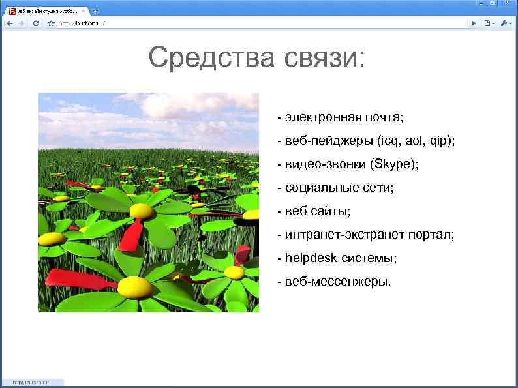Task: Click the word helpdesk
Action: [x=310, y=258]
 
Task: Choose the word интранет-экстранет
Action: [x=342, y=234]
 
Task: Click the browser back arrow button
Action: [x=10, y=23]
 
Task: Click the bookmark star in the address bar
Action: [x=51, y=23]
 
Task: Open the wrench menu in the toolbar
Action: [x=506, y=23]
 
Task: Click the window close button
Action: [x=509, y=4]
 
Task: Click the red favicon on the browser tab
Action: [x=11, y=11]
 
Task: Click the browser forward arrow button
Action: [x=22, y=23]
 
